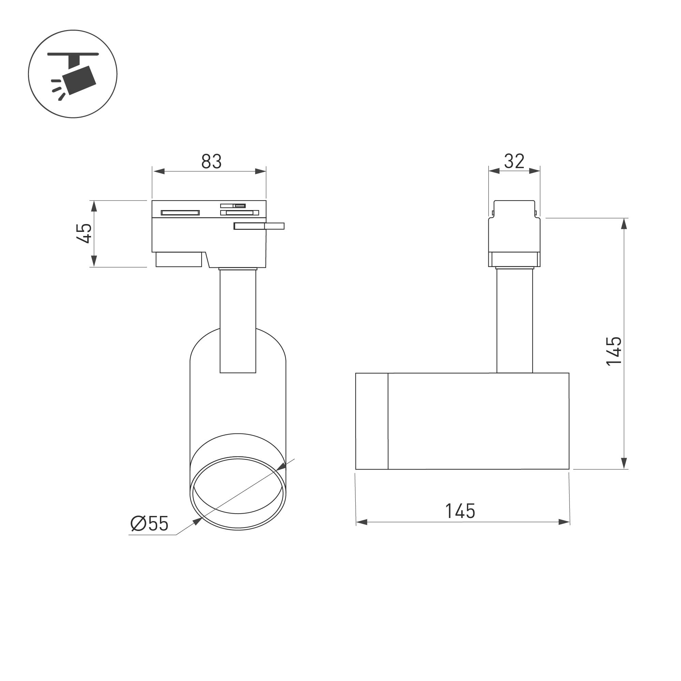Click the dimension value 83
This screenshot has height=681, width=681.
pos(211,161)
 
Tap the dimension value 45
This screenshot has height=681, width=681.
pos(84,233)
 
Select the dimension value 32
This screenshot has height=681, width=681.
pos(514,161)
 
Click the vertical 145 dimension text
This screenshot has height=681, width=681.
pos(614,352)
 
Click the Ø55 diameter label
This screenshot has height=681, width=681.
pos(149,524)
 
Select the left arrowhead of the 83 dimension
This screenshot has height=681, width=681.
pos(159,172)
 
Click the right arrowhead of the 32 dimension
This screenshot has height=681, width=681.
pos(535,171)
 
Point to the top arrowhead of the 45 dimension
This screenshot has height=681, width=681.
pos(94,206)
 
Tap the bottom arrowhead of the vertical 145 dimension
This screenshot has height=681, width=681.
pos(624,463)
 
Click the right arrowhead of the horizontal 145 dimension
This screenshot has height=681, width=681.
pos(564,522)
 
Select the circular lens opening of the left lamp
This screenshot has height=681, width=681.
pos(238,493)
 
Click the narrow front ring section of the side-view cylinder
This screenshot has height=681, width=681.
pos(371,421)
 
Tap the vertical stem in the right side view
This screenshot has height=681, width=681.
pos(514,321)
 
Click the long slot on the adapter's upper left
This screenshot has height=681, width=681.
pos(180,212)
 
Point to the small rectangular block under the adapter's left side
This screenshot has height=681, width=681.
pos(179,260)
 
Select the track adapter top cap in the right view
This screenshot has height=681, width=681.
pos(514,208)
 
